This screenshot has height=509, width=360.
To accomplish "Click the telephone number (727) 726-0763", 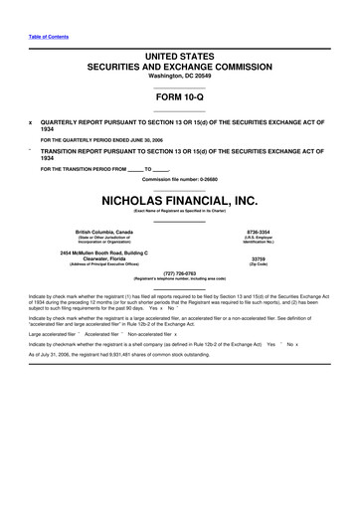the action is [179, 272].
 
